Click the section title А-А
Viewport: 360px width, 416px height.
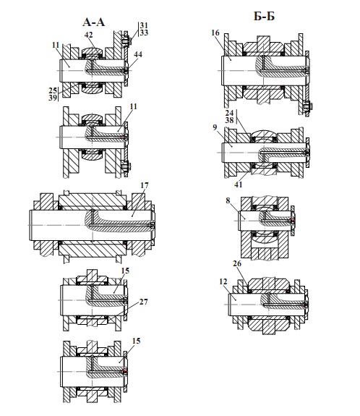tap(93, 22)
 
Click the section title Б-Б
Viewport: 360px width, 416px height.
tap(264, 17)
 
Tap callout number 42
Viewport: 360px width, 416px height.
tap(88, 35)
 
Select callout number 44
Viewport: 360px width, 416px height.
tap(138, 54)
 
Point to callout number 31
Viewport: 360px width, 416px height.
tap(144, 25)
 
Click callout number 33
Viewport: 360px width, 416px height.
tap(144, 33)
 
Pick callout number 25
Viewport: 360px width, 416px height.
tap(53, 90)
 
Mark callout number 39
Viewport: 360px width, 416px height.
tap(53, 98)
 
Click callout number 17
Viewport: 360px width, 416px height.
tap(145, 185)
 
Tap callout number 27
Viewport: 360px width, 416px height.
tap(143, 302)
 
